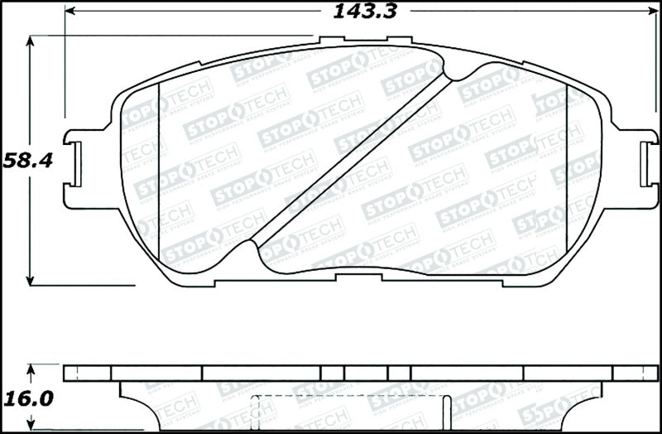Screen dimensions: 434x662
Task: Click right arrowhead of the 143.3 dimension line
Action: click(x=651, y=12)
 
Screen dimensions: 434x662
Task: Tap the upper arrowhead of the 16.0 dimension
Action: click(x=31, y=369)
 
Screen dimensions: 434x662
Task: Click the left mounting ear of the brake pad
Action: click(x=83, y=166)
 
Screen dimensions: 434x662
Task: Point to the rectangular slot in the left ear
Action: click(x=76, y=166)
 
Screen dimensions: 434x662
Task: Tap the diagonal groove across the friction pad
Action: click(x=352, y=157)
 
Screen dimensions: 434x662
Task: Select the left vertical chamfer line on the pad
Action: click(x=157, y=166)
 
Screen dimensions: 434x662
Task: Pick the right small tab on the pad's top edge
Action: click(x=400, y=41)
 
